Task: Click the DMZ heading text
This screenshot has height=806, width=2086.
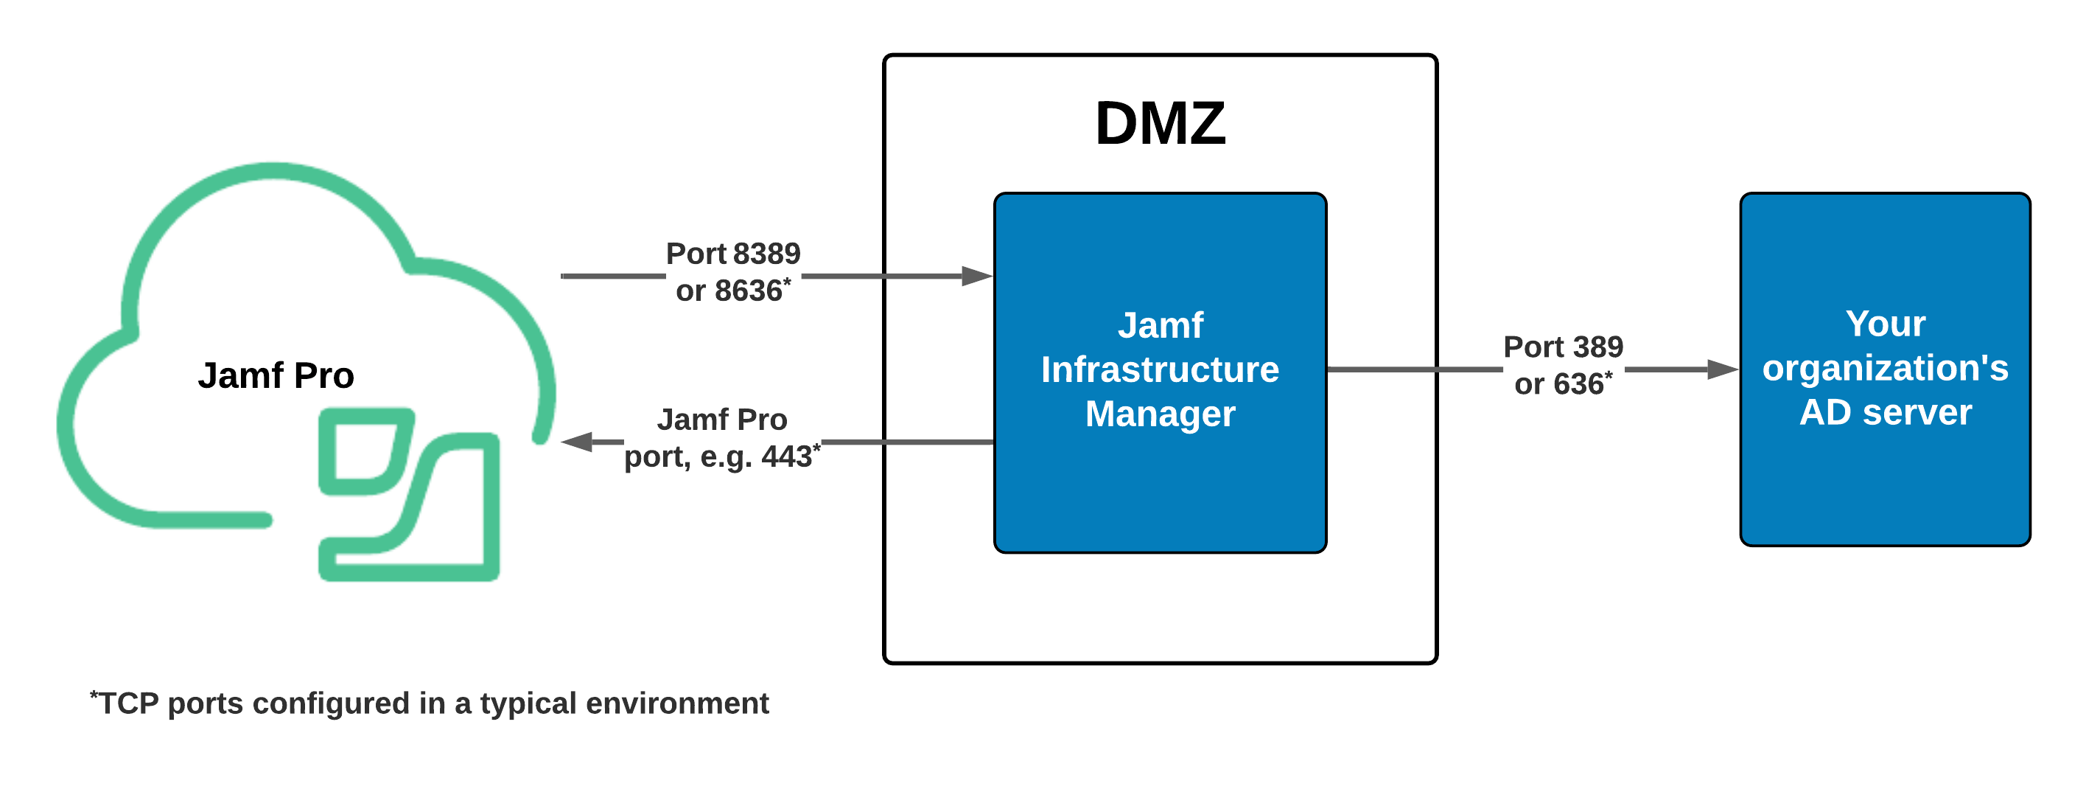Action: (x=1161, y=124)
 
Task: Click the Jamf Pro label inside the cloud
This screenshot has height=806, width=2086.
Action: (x=276, y=376)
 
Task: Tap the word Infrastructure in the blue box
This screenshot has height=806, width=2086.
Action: (x=1160, y=370)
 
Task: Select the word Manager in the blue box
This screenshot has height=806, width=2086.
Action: (x=1160, y=414)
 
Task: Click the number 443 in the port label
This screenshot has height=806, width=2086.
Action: (x=785, y=458)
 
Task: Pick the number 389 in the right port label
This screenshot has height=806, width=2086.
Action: (x=1597, y=347)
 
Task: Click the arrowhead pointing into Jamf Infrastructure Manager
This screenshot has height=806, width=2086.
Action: (x=976, y=277)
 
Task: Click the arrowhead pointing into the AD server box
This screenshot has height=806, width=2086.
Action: (x=1723, y=370)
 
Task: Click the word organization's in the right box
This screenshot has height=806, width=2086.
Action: (x=1885, y=369)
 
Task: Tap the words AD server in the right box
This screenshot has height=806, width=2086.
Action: (x=1885, y=413)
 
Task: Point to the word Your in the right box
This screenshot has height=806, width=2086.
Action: (x=1885, y=324)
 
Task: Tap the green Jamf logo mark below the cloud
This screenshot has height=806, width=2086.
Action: (x=409, y=494)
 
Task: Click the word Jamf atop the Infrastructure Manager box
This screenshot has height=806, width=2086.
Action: (x=1160, y=326)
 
